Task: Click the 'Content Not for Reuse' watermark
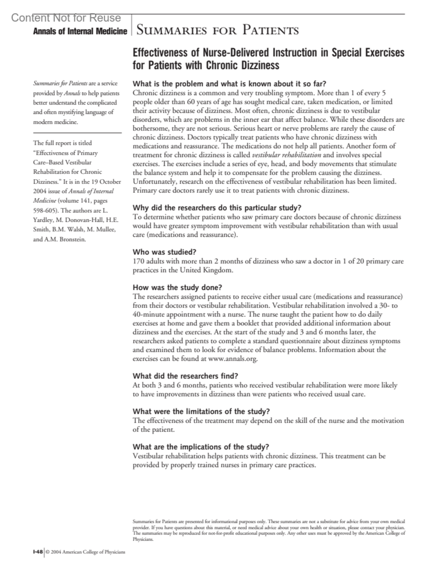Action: [66, 18]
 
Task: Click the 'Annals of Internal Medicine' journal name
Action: [80, 31]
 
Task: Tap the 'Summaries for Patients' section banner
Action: [217, 30]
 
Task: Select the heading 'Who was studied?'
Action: [165, 252]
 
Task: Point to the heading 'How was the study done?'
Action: [177, 288]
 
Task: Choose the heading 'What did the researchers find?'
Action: [185, 376]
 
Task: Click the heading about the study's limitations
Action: [201, 411]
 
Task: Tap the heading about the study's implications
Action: [201, 447]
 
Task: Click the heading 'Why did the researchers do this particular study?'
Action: [217, 208]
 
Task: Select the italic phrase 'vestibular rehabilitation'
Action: [287, 155]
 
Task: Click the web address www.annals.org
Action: [233, 358]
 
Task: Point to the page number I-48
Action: [38, 552]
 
